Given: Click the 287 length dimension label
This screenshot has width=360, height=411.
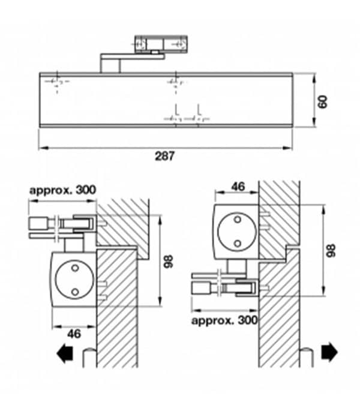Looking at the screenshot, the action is coord(164,156).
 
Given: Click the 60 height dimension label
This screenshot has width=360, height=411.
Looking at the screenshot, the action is coord(323,102).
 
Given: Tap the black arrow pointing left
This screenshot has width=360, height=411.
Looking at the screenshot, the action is coord(65,354).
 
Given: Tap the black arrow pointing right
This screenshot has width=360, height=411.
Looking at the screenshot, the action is coord(329,352).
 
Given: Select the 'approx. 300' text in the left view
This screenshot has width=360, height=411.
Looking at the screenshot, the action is coord(62,190).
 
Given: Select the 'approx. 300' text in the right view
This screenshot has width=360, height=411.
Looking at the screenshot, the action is coord(224,320).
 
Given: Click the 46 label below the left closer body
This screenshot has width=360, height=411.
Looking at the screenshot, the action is coord(74,334).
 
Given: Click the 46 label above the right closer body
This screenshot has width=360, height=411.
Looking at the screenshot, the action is coord(238,187).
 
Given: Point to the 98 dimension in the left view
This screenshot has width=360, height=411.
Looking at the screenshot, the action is coord(169,261).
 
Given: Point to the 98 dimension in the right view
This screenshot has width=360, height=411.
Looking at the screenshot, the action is coord(331,251).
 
